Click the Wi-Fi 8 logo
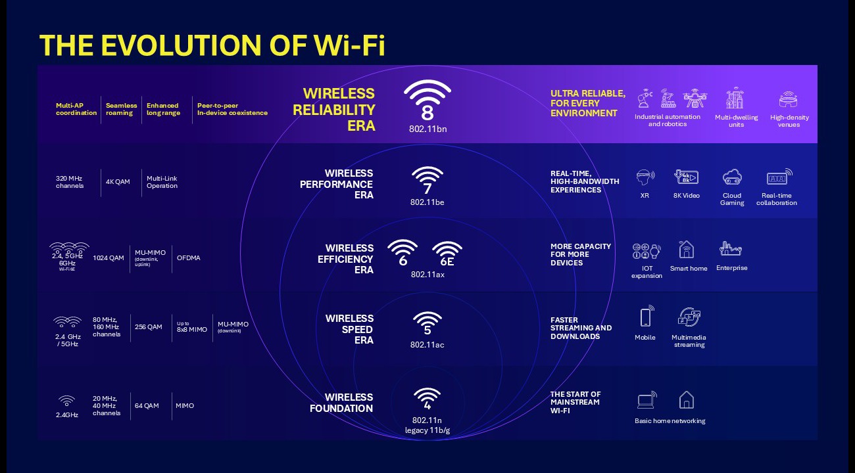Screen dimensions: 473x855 point(427,101)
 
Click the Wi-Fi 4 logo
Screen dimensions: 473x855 point(427,397)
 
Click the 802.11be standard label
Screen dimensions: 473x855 point(427,202)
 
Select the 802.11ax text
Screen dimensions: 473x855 point(427,274)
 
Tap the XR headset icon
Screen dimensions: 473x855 point(645,177)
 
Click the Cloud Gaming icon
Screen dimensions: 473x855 point(732,177)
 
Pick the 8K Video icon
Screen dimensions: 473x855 point(686,177)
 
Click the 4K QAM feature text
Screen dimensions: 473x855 point(118,182)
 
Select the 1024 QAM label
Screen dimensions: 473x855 point(109,258)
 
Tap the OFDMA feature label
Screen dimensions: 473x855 point(189,258)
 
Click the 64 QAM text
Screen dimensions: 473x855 point(147,406)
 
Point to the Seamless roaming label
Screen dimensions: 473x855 point(122,109)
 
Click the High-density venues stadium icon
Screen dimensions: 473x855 point(789,100)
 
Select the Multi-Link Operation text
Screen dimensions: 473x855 point(162,182)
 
